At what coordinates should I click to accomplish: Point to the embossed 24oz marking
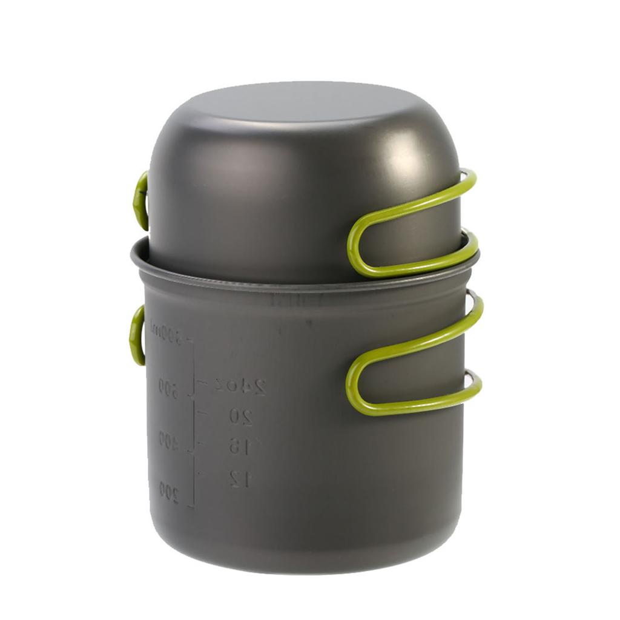241,386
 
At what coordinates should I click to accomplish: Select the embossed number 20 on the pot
240,417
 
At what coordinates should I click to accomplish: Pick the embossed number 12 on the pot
241,478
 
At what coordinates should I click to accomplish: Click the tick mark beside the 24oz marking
202,383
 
